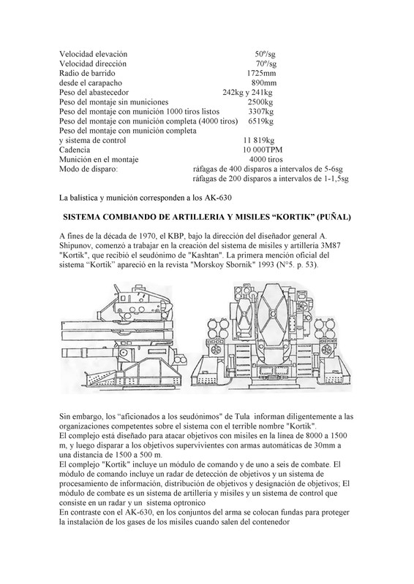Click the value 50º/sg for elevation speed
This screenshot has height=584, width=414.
(265, 55)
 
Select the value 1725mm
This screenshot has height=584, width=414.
(261, 74)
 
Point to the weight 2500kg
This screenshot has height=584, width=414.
(260, 102)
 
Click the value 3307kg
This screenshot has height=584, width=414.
(260, 112)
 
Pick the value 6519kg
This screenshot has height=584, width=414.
(260, 121)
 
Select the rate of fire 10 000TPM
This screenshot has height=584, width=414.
(257, 150)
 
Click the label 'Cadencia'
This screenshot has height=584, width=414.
(75, 150)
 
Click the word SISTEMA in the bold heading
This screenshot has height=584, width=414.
(86, 218)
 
